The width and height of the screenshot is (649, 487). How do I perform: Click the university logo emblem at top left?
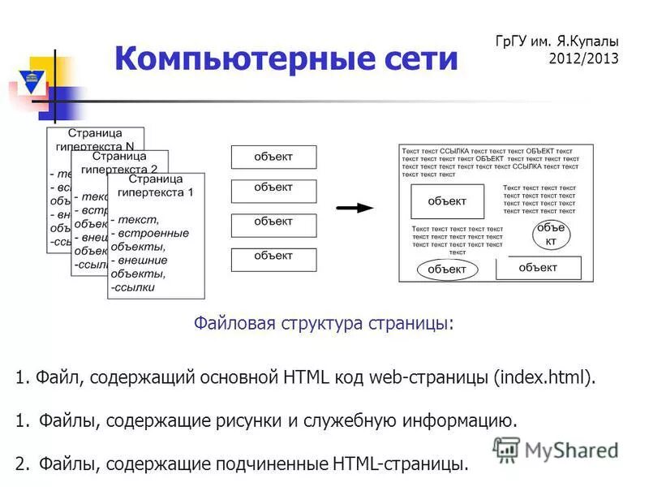pyautogui.click(x=32, y=82)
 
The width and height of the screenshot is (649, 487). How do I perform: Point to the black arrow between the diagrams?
pyautogui.click(x=355, y=208)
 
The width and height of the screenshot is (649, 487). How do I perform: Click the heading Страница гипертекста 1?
pyautogui.click(x=156, y=186)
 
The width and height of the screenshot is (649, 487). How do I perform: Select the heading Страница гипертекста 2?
pyautogui.click(x=119, y=162)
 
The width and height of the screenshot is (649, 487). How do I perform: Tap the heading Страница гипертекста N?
pyautogui.click(x=95, y=139)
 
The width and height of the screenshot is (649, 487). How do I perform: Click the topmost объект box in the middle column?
pyautogui.click(x=273, y=157)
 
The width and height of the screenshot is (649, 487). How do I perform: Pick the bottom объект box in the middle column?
pyautogui.click(x=273, y=259)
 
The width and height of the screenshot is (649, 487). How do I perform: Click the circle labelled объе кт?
pyautogui.click(x=551, y=235)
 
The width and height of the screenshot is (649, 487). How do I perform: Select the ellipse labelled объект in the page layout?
pyautogui.click(x=446, y=269)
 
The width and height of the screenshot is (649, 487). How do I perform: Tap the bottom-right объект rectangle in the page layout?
pyautogui.click(x=538, y=268)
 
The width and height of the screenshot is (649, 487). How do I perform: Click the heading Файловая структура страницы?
pyautogui.click(x=324, y=324)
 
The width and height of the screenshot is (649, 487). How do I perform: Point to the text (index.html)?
pyautogui.click(x=544, y=377)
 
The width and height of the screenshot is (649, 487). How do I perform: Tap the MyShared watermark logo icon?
pyautogui.click(x=507, y=449)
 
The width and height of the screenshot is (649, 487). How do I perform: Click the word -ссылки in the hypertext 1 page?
pyautogui.click(x=135, y=287)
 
